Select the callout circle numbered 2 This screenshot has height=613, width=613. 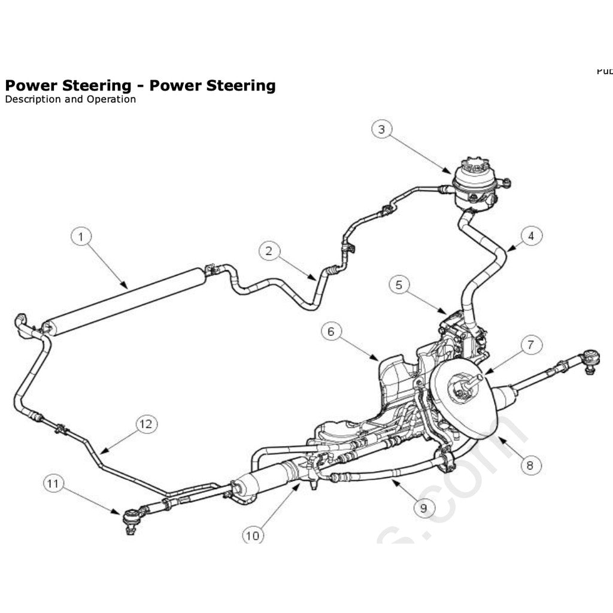tap(269, 251)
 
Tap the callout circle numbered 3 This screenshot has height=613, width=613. tap(381, 129)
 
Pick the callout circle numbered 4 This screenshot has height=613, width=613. tap(531, 236)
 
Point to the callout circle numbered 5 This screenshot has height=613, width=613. tap(399, 284)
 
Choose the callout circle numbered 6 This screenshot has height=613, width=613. tap(331, 331)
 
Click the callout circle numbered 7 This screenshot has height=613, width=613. tap(531, 345)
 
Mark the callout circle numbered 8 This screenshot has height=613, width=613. tap(531, 465)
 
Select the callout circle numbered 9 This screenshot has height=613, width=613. tap(424, 508)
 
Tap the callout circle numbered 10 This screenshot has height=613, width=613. tap(253, 535)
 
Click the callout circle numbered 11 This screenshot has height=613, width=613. tap(54, 483)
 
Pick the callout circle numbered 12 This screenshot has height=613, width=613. tap(145, 424)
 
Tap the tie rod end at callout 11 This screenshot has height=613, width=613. tap(130, 517)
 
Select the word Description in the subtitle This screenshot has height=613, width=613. tap(32, 99)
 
